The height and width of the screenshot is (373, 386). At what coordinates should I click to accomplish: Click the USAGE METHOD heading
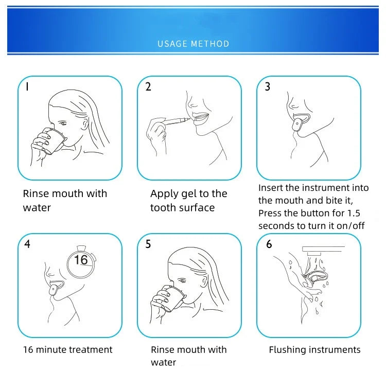(193, 44)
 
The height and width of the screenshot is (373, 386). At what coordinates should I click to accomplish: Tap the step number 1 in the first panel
(27, 86)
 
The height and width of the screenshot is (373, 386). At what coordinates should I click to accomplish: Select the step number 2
(148, 86)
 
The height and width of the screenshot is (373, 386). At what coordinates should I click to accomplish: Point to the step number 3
(268, 86)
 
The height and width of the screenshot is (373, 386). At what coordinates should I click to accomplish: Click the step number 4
(27, 244)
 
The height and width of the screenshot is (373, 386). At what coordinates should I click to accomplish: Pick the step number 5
(148, 244)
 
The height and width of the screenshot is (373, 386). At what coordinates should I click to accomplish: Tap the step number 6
(269, 244)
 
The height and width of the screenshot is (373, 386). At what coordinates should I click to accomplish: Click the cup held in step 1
(54, 141)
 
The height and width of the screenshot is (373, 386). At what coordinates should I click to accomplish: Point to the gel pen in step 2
(176, 121)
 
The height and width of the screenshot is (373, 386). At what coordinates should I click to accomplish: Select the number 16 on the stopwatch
(81, 260)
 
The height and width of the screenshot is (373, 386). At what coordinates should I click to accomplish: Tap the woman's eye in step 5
(182, 280)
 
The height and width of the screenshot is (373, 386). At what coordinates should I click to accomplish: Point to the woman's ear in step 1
(85, 125)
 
